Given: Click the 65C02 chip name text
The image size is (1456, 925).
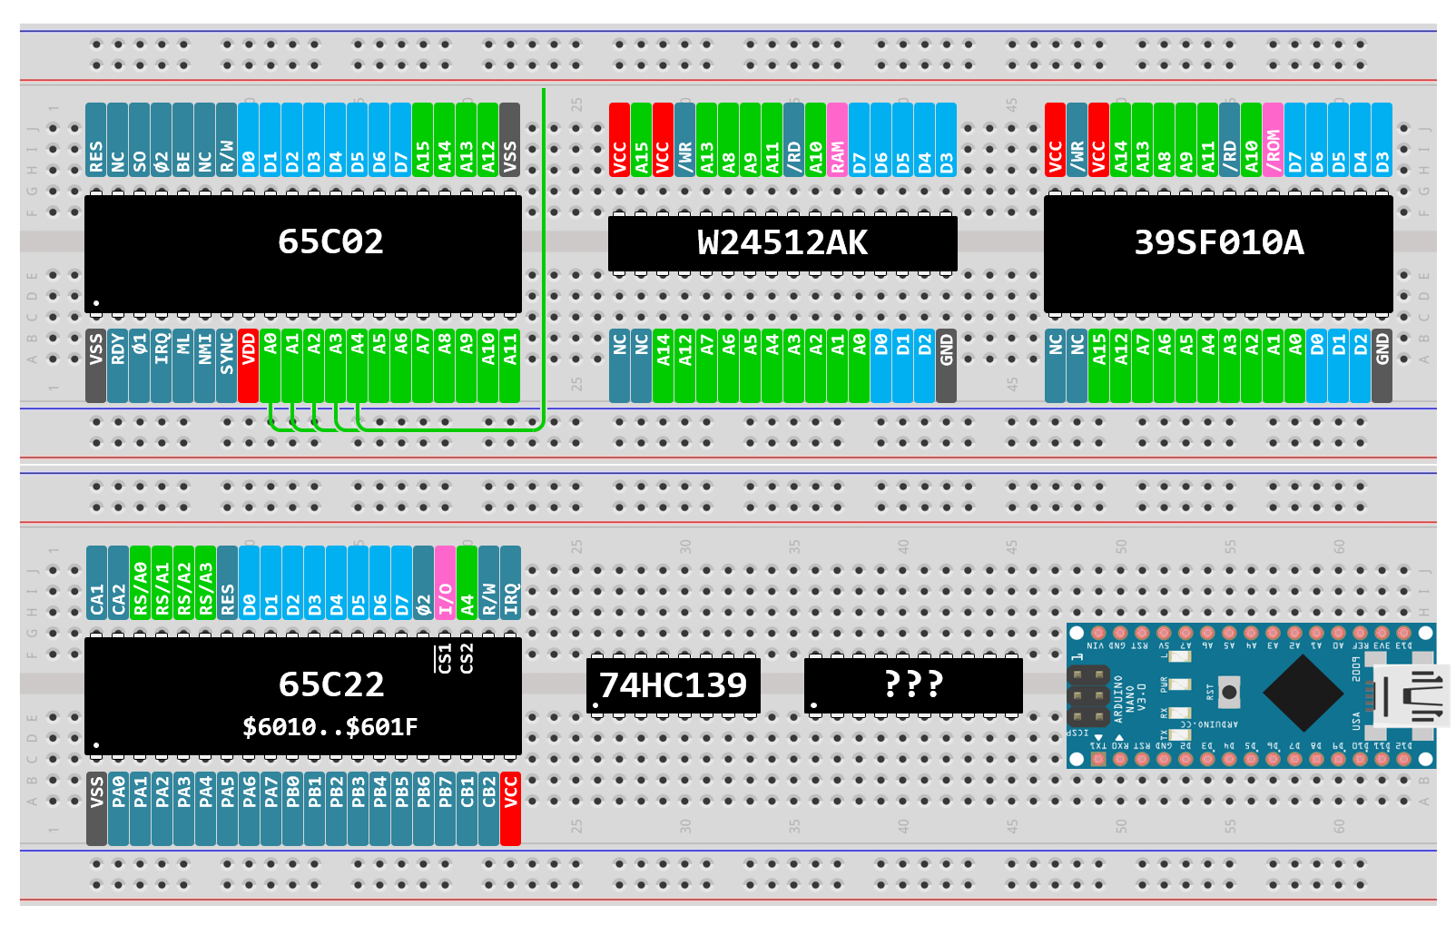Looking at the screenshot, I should coord(330,241).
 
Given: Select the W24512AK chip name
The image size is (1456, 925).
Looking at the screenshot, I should coord(782,243).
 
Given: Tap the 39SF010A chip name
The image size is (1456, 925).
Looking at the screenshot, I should coord(1218,242).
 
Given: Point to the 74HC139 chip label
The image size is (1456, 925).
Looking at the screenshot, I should coord(673,685).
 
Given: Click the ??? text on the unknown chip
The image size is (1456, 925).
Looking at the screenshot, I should coord(913,684).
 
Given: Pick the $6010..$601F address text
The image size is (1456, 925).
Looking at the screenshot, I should coord(330,727).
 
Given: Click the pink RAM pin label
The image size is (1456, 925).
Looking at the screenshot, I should coord(837,140).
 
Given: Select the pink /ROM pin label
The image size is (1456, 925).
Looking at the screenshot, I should coord(1273,140).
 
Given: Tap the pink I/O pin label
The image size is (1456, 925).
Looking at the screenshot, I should coord(445,582).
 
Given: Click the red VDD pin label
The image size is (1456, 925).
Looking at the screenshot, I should coord(248,366).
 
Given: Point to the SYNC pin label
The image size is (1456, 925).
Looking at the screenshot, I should coord(226,366).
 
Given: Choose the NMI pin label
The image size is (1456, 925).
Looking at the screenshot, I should coord(204,366).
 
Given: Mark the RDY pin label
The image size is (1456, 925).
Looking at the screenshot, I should coord(117,366).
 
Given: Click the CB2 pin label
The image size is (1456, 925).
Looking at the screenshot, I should coord(488,809).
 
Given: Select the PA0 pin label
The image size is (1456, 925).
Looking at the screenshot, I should coord(118,809).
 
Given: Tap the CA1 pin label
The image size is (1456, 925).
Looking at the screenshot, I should coord(96,582).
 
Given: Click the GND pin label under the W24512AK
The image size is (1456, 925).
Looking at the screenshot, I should coord(946,366).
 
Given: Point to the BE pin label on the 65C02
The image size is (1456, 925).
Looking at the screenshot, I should coord(183,140).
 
